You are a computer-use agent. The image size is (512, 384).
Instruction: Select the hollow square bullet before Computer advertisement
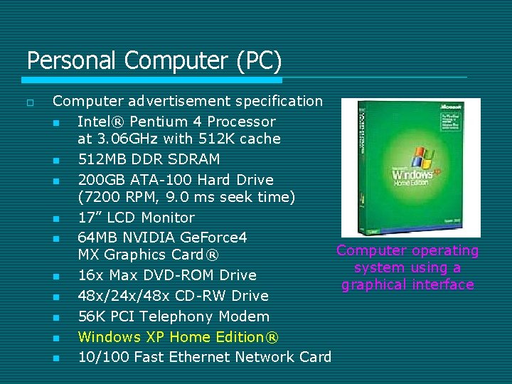point(29,102)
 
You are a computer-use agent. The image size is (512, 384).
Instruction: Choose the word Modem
point(245,316)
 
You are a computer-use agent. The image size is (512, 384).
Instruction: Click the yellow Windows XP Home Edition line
point(178,336)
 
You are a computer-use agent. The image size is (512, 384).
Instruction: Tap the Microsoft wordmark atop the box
point(452,107)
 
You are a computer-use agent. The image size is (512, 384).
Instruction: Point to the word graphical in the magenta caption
point(373,285)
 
